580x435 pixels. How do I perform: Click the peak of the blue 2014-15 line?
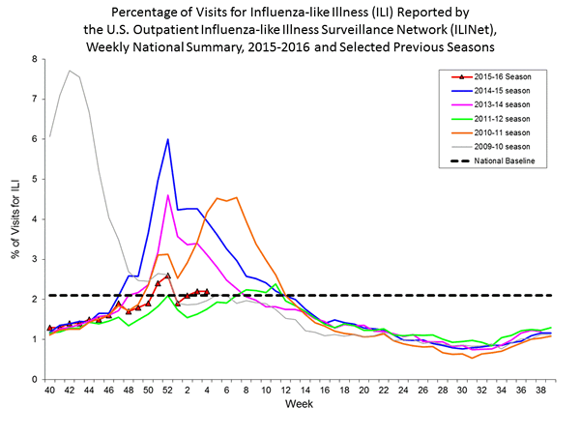168,139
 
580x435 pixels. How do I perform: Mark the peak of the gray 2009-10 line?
69,71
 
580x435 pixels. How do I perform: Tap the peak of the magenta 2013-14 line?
168,195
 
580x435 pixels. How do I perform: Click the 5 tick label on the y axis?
35,179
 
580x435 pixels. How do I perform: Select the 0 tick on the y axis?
35,379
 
